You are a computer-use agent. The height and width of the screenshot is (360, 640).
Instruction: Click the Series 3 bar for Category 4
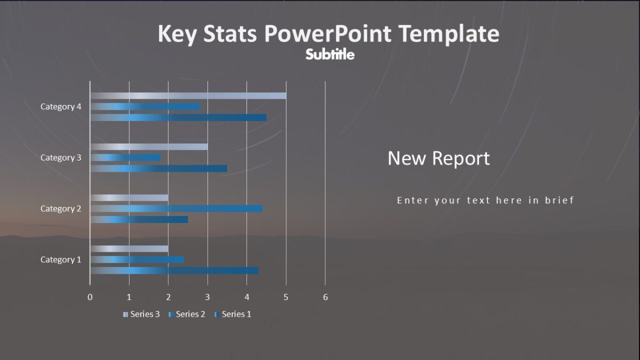(188, 96)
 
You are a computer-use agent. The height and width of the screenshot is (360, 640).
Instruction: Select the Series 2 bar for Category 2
(176, 209)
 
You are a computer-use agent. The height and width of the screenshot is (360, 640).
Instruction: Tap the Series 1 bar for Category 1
(174, 270)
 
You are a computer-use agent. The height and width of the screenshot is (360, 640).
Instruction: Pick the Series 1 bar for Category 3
(158, 169)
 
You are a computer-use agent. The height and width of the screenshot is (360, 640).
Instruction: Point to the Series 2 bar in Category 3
(125, 158)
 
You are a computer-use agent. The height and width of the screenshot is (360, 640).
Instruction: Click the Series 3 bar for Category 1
(129, 249)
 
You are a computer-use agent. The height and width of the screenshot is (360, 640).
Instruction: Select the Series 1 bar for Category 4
(178, 117)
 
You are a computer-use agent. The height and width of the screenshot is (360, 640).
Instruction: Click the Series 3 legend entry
(141, 314)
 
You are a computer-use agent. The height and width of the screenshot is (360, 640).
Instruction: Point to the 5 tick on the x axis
(286, 297)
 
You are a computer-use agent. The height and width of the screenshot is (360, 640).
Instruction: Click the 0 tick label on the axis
(90, 297)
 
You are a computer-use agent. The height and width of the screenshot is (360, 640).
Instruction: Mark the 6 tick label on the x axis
(325, 297)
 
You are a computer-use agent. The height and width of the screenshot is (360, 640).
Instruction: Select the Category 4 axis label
(61, 107)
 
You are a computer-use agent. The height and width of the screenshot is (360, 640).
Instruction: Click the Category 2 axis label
(61, 209)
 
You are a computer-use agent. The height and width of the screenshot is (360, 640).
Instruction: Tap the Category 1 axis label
(61, 260)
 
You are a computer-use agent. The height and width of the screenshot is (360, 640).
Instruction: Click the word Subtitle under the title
(330, 54)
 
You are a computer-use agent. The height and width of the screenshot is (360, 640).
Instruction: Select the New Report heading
(438, 158)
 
